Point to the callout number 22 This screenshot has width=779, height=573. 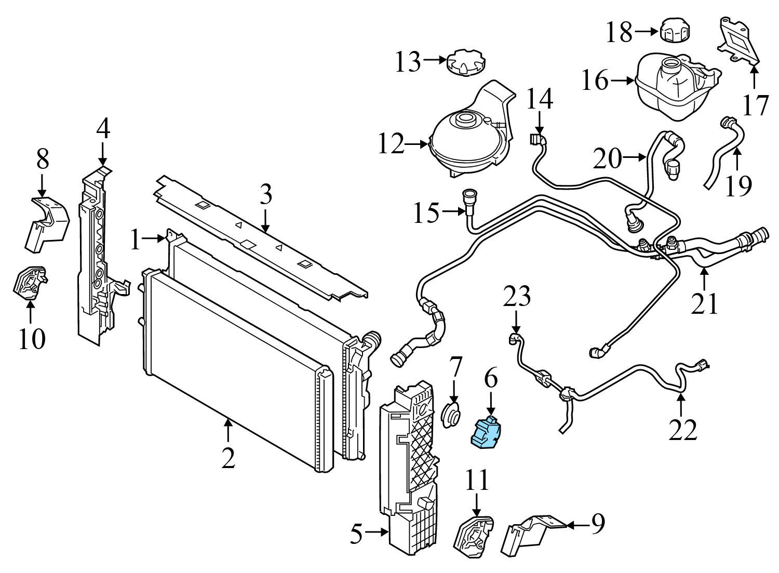[x=682, y=429]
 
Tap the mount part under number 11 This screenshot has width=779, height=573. [x=473, y=536]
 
